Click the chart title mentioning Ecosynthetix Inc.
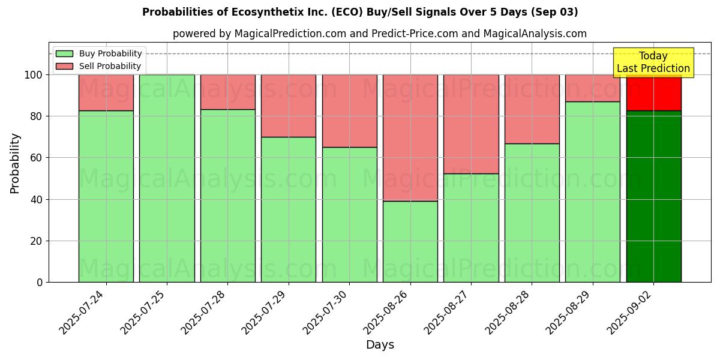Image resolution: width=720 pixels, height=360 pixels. click(x=360, y=12)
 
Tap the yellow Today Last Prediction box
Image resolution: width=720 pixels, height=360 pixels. click(x=653, y=62)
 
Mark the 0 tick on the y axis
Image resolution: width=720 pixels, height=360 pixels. click(x=40, y=282)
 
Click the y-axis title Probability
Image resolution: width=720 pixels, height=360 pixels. click(x=15, y=163)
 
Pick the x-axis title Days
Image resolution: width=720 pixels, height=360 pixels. click(x=380, y=345)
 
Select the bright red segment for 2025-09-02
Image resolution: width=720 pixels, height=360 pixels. click(x=653, y=92)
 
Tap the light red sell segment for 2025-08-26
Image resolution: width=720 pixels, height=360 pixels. click(x=410, y=137)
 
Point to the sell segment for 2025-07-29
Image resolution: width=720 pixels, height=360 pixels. click(x=289, y=106)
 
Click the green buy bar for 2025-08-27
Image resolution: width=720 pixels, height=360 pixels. click(x=471, y=228)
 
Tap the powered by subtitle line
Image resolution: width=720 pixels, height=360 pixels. click(x=380, y=34)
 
